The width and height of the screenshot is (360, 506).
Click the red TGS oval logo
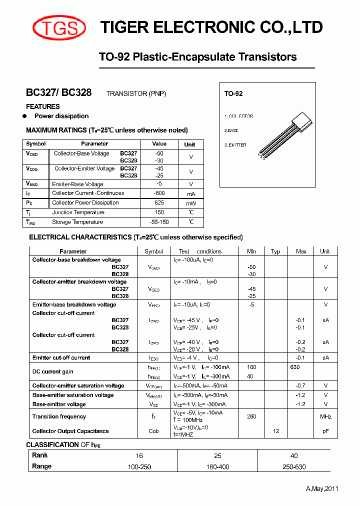pos(59,27)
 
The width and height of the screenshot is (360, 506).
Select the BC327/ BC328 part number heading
pos(58,93)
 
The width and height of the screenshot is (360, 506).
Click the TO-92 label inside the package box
pos(233,94)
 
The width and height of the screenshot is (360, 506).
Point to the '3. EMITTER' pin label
pos(235,145)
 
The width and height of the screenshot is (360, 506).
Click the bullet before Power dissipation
pos(24,116)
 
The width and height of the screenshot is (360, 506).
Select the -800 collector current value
pos(159,193)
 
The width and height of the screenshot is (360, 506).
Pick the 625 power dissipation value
pos(159,202)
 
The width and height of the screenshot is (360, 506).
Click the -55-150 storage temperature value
pos(159,222)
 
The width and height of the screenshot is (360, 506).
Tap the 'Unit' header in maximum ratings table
pos(190,144)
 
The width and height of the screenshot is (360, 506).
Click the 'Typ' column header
pos(275,251)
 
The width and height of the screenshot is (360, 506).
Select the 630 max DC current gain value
pos(294,367)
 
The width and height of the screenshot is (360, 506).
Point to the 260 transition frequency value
pos(251,416)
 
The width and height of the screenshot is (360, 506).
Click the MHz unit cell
pos(325,416)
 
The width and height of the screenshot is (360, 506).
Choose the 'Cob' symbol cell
pos(153,431)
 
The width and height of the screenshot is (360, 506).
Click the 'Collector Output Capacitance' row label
pos(70,431)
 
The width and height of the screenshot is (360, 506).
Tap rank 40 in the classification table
pos(294,455)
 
